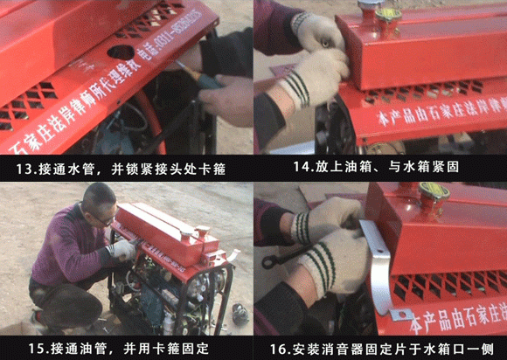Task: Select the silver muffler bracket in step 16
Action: coord(379,262)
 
